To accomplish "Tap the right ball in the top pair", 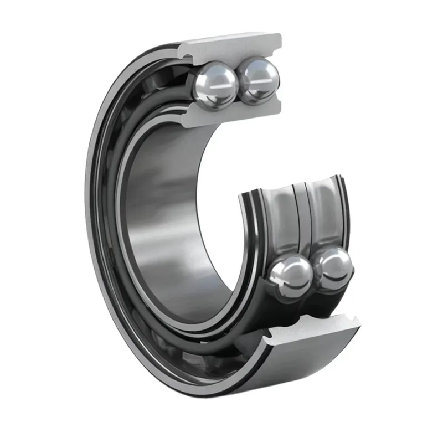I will coord(257,81).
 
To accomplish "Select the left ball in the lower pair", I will coord(290,275).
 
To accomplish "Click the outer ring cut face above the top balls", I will coord(233,47).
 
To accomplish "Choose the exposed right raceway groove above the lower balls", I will coord(324,210).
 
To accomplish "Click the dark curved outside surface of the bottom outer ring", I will coord(310,365).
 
